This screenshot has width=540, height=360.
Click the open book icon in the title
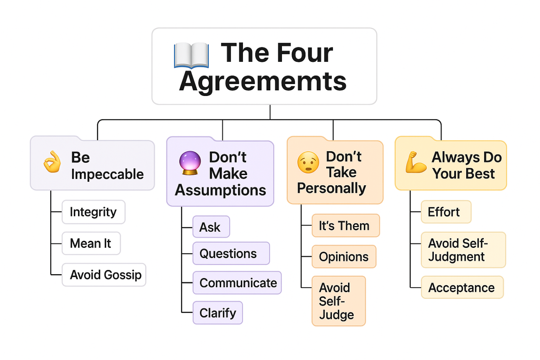pyautogui.click(x=191, y=55)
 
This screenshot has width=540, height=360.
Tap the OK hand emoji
pyautogui.click(x=52, y=162)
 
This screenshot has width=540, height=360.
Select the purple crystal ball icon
pyautogui.click(x=190, y=163)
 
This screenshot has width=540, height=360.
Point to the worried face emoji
pyautogui.click(x=308, y=162)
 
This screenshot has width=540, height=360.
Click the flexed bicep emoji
pyautogui.click(x=415, y=162)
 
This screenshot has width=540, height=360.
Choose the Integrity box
pyautogui.click(x=93, y=212)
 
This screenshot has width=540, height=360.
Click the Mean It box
pyautogui.click(x=91, y=243)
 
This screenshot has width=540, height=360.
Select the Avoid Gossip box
pyautogui.click(x=104, y=275)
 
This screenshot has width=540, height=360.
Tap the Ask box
pyautogui.click(x=211, y=227)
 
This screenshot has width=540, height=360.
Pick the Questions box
pyautogui.click(x=231, y=253)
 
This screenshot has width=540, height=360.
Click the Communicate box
pyautogui.click(x=237, y=283)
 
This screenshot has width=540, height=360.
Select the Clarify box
pyautogui.click(x=217, y=313)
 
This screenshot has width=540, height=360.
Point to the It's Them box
pyautogui.click(x=345, y=226)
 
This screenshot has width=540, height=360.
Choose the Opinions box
pyautogui.click(x=343, y=257)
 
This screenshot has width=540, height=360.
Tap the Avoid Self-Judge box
pyautogui.click(x=338, y=301)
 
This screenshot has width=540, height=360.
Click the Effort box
pyautogui.click(x=446, y=212)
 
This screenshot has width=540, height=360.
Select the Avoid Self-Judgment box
pyautogui.click(x=463, y=250)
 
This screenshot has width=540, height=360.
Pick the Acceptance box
pyautogui.click(x=462, y=288)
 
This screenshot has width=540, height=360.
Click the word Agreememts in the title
pyautogui.click(x=263, y=81)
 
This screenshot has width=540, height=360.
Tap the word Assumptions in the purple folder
pyautogui.click(x=220, y=190)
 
